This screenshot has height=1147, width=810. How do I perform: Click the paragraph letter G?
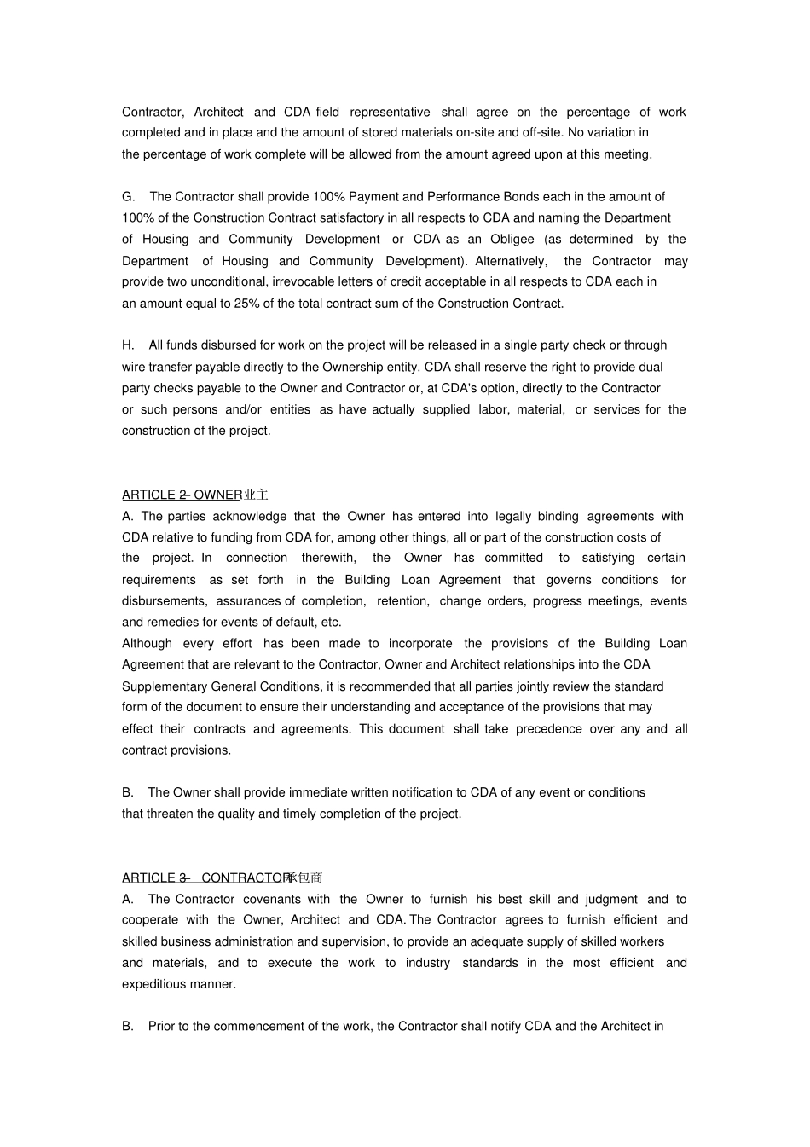[128, 197]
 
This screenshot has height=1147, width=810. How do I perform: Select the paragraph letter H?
[128, 345]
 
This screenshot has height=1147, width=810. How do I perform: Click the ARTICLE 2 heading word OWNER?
[218, 495]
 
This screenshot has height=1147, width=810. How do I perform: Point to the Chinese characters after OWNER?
[257, 495]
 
